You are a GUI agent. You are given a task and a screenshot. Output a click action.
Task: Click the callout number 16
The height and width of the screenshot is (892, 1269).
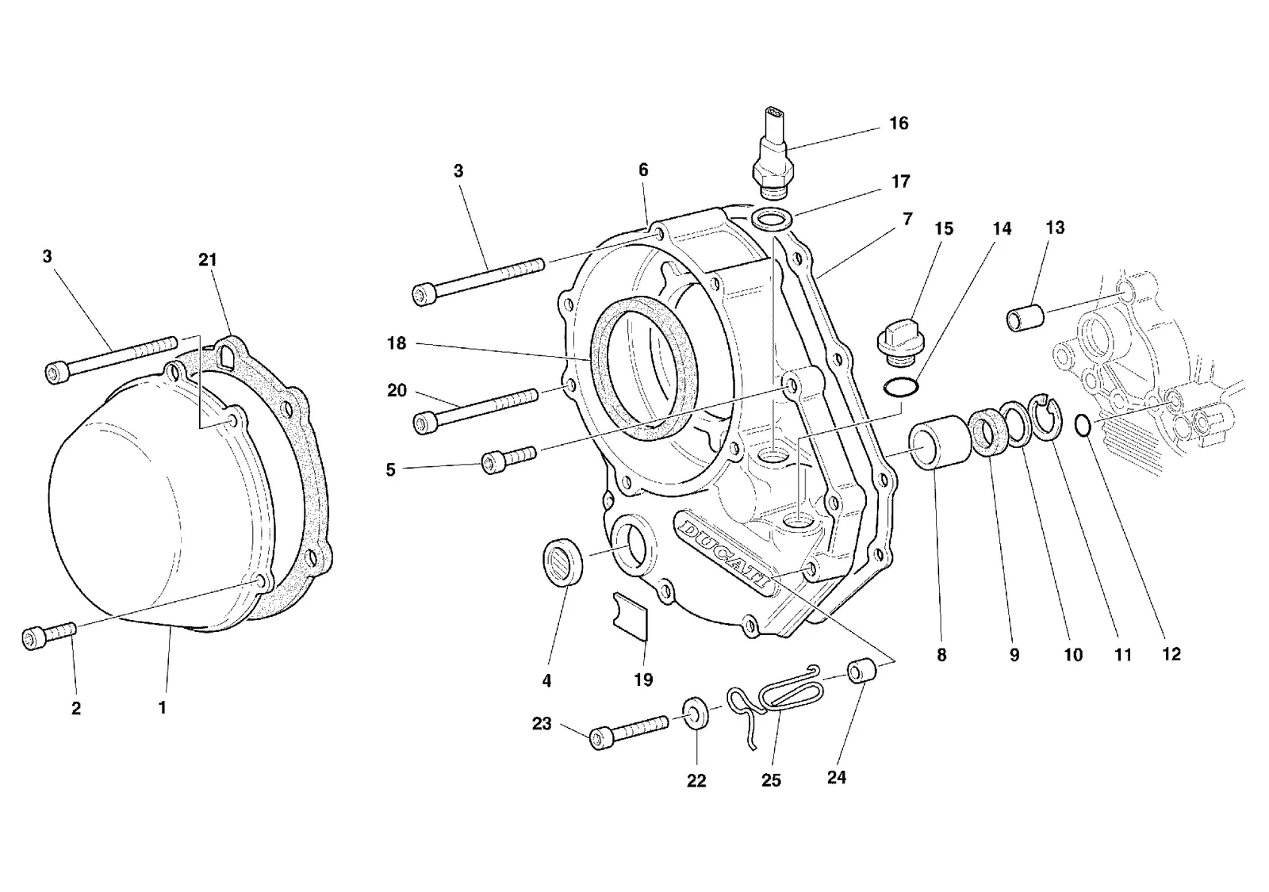point(899,124)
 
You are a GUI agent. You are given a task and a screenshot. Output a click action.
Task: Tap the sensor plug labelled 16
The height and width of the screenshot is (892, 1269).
point(773,153)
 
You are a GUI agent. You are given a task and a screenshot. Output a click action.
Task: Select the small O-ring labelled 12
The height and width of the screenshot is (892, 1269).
point(1082,425)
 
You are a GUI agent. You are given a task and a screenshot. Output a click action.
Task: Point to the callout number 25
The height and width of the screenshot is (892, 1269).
point(771,780)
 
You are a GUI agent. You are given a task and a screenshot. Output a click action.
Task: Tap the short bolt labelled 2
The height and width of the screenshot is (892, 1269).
point(49,636)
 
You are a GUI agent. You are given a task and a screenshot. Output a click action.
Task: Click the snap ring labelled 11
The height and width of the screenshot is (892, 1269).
point(1047,416)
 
